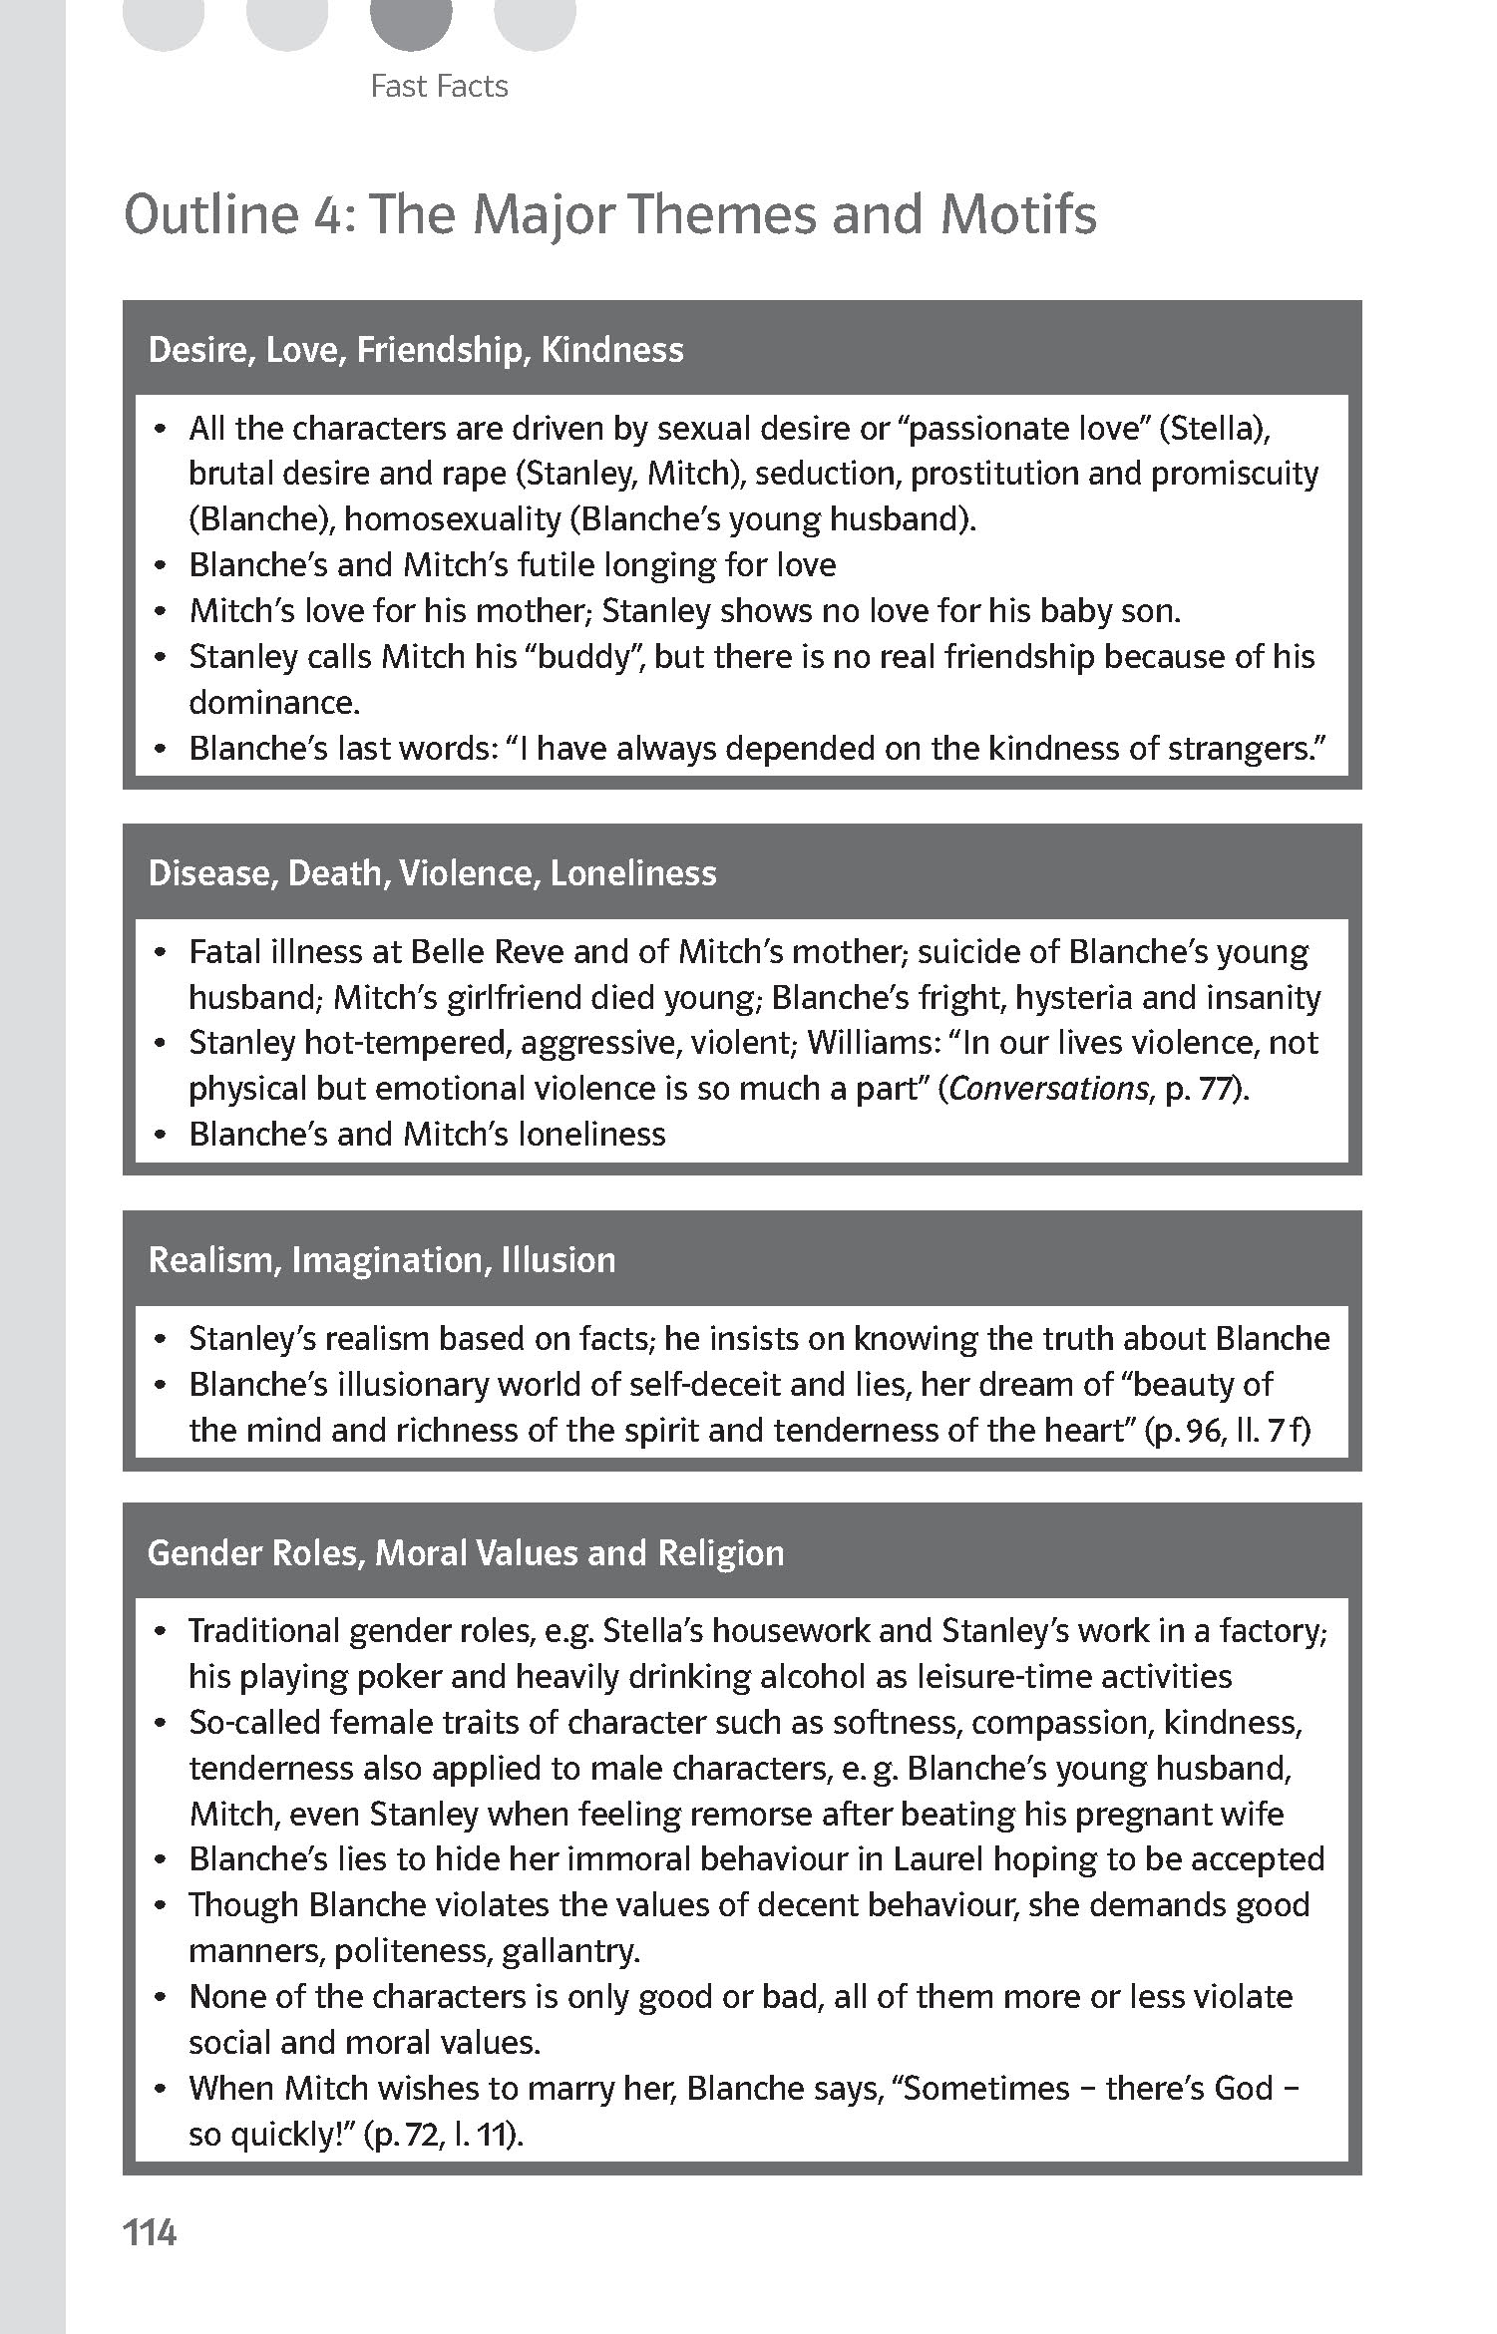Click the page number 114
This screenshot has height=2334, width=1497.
[150, 2232]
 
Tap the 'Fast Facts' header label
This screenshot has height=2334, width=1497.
[439, 87]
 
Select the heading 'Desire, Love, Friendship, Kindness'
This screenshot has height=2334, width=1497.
[416, 350]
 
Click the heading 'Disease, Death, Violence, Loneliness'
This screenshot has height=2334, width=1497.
[432, 873]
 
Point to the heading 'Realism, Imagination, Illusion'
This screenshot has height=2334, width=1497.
[382, 1260]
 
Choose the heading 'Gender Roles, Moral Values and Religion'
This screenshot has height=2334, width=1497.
[466, 1553]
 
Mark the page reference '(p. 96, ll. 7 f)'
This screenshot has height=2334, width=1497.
[1228, 1431]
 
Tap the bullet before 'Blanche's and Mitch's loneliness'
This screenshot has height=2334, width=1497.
[160, 1136]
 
